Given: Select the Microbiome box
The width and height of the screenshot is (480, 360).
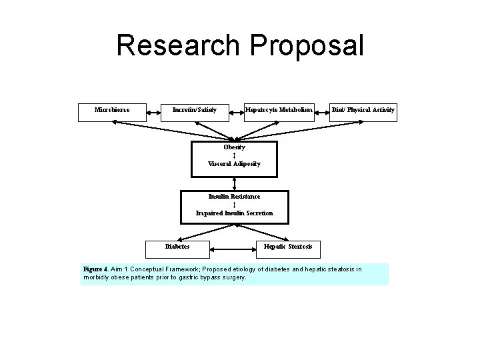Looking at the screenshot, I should click(x=112, y=110).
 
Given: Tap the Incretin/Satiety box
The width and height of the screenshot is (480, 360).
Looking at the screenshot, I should click(x=195, y=110).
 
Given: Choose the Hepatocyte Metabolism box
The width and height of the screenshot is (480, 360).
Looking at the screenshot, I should click(x=279, y=110).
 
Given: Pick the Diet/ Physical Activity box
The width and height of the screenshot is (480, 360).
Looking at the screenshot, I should click(x=364, y=110).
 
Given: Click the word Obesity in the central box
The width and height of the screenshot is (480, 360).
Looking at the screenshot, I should click(x=234, y=147).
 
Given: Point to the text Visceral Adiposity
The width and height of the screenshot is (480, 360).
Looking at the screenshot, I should click(x=234, y=163).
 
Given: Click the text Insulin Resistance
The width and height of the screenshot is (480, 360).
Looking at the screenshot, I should click(x=234, y=197).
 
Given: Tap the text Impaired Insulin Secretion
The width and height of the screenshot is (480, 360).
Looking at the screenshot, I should click(x=234, y=213).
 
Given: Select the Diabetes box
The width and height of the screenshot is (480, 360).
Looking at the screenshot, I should click(x=177, y=247).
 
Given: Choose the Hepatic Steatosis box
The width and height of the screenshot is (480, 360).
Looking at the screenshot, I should click(x=288, y=247).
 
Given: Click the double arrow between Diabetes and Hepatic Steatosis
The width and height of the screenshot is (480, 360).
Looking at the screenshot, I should click(x=233, y=251).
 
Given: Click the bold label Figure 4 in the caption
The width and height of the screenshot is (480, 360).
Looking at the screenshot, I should click(x=96, y=269).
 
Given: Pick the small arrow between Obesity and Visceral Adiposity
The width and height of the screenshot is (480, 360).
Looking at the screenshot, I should click(x=234, y=155).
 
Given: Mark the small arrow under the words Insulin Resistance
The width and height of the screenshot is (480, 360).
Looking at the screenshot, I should click(x=234, y=205).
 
